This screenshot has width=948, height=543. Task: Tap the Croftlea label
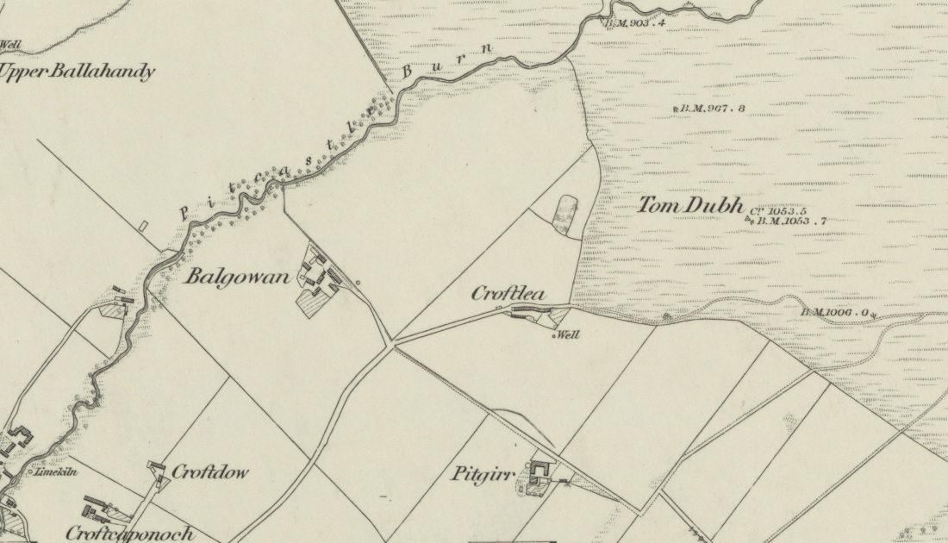[508, 294]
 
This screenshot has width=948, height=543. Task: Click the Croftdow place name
[210, 471]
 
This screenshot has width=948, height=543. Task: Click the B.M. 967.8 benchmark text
[712, 109]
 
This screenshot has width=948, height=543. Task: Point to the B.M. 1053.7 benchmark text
[791, 222]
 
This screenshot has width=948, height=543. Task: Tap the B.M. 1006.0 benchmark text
[838, 313]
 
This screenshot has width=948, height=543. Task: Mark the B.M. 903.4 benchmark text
[636, 23]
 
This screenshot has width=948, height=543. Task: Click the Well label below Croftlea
[567, 335]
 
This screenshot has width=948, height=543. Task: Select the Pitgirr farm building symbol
[541, 471]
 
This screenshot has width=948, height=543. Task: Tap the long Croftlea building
[527, 310]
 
